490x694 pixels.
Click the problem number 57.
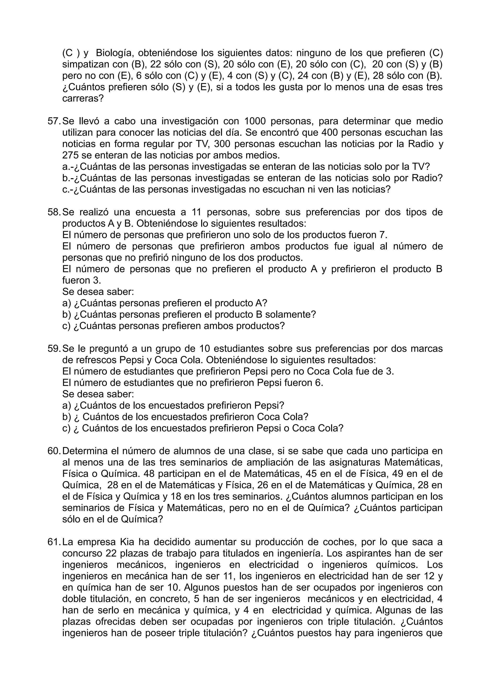[x=54, y=121]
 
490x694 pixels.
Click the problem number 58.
[x=54, y=212]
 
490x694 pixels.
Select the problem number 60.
[x=54, y=451]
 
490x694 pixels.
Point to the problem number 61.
[x=54, y=542]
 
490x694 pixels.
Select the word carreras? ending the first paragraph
[x=83, y=98]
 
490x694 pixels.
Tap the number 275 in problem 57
[x=70, y=155]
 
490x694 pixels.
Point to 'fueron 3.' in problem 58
[x=82, y=280]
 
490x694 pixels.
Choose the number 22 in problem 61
[x=111, y=553]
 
